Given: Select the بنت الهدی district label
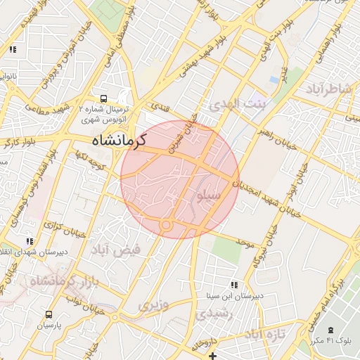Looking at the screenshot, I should coord(239,105).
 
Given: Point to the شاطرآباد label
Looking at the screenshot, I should coord(328,89).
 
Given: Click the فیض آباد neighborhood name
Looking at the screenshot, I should coord(115,249).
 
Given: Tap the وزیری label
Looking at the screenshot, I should coord(153,306).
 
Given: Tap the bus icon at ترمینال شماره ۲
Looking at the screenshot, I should coord(104,99).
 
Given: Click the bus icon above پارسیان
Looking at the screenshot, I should coord(49,314).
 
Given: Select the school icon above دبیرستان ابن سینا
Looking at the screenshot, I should coord(234,285).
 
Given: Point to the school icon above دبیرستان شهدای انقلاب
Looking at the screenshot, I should coord(29,240).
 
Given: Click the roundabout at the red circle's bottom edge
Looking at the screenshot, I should coord(167,225).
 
